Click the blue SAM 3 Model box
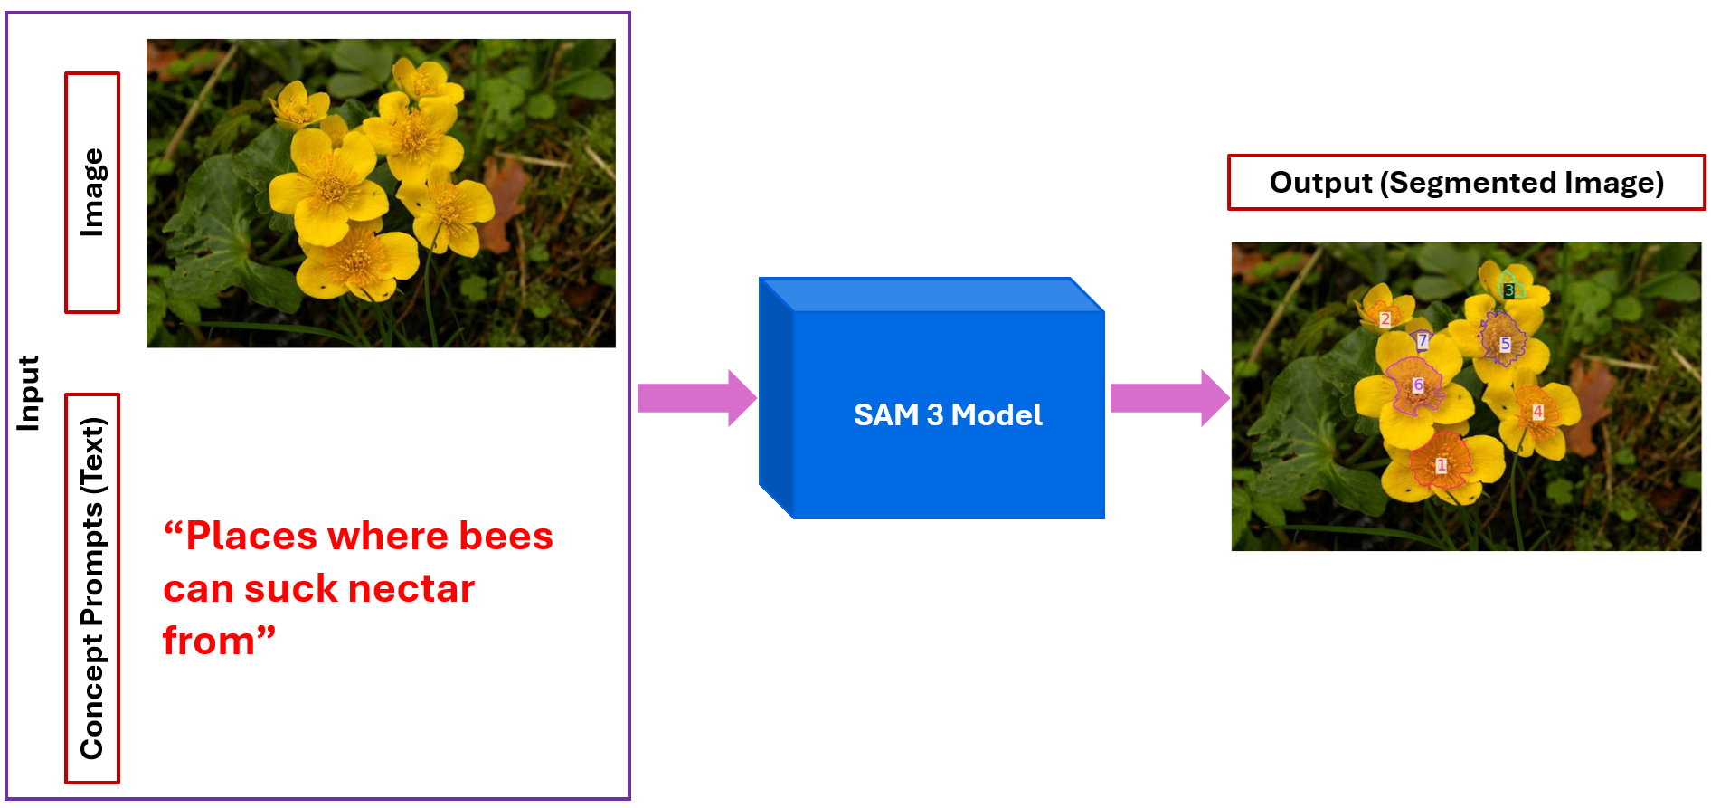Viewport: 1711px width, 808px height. [948, 414]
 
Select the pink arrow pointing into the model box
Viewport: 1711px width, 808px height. [695, 398]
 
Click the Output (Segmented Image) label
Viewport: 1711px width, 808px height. [1466, 183]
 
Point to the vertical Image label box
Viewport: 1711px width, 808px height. [92, 193]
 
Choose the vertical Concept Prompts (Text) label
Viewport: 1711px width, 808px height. [92, 588]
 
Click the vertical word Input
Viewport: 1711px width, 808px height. [29, 393]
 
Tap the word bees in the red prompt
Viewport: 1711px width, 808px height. [506, 536]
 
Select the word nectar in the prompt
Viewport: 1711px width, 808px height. [411, 589]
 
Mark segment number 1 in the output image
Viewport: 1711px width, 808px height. [1442, 465]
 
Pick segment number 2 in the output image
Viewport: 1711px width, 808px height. [1385, 318]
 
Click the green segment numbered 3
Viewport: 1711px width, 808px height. [1508, 290]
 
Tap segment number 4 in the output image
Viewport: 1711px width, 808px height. [1537, 412]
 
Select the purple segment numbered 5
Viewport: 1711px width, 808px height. [1505, 344]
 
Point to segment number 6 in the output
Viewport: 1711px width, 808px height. [1418, 385]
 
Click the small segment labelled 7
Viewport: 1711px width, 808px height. [1423, 340]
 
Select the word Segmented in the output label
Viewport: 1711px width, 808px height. [1473, 183]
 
